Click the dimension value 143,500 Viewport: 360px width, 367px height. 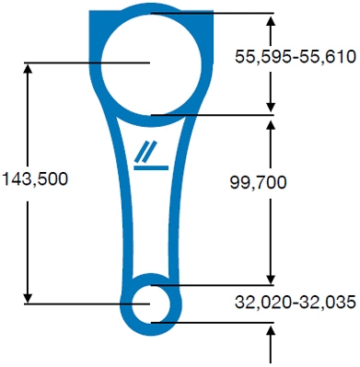[34, 179]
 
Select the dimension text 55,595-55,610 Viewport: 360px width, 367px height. [296, 57]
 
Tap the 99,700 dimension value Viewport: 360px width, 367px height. [258, 183]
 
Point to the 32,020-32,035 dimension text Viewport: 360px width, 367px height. [296, 302]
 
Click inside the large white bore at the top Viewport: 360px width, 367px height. [151, 64]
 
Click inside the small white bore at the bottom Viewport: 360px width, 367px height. [151, 304]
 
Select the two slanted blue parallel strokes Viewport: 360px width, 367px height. [145, 152]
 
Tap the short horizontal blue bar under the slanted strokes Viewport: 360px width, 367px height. [151, 167]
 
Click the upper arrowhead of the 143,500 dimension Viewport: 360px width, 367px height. [28, 68]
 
